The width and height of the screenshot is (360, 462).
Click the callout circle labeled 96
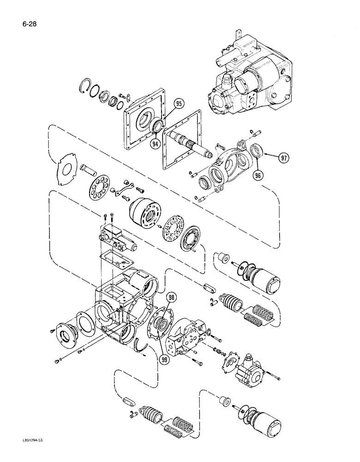click(x=256, y=176)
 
